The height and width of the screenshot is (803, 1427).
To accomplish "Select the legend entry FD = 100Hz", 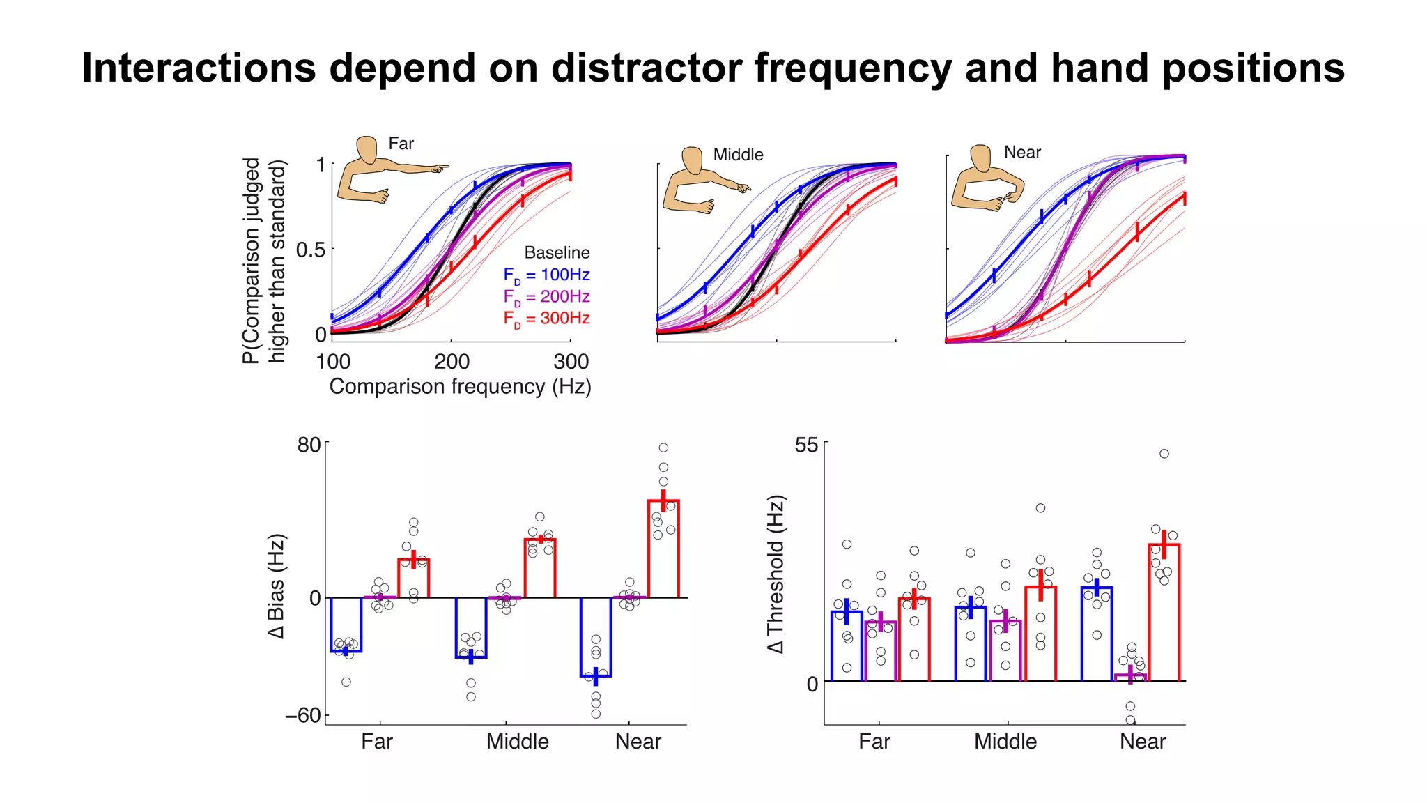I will (546, 275).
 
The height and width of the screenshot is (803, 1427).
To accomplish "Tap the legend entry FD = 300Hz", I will (546, 319).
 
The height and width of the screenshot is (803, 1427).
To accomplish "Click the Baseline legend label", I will (557, 252).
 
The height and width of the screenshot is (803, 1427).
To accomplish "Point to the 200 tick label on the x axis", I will (452, 362).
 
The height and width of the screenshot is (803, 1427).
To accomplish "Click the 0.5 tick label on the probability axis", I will (310, 250).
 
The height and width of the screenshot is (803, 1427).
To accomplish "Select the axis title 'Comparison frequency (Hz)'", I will (460, 387).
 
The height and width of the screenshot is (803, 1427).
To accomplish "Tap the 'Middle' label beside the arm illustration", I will (738, 155).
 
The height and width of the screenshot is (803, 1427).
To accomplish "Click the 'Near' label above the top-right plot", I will (1022, 153).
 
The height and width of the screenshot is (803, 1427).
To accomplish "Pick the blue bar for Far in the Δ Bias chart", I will (346, 625).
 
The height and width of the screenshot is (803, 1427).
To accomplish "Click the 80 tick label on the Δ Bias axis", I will (309, 445).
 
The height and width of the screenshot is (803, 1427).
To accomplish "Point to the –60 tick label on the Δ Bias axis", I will (302, 715).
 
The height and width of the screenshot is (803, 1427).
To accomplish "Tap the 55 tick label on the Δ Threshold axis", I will (806, 445).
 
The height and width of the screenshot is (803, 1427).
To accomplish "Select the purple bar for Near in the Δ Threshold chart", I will (1130, 678).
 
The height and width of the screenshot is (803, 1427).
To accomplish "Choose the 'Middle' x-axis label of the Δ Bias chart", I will (517, 742).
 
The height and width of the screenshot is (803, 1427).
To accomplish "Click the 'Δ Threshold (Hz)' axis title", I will (776, 574).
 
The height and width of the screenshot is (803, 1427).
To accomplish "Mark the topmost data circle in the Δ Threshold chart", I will (1164, 454).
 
